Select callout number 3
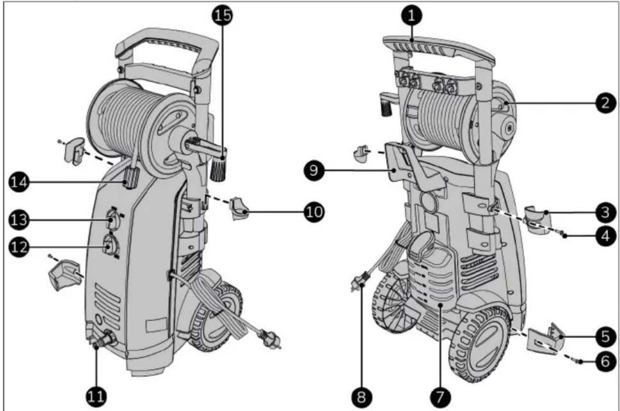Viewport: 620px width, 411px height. pyautogui.click(x=605, y=211)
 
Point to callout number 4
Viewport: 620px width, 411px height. pyautogui.click(x=605, y=236)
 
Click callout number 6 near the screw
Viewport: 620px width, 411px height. pyautogui.click(x=605, y=362)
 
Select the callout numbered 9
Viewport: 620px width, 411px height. pyautogui.click(x=313, y=171)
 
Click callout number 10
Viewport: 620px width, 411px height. pyautogui.click(x=313, y=211)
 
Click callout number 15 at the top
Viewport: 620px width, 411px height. pyautogui.click(x=222, y=15)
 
